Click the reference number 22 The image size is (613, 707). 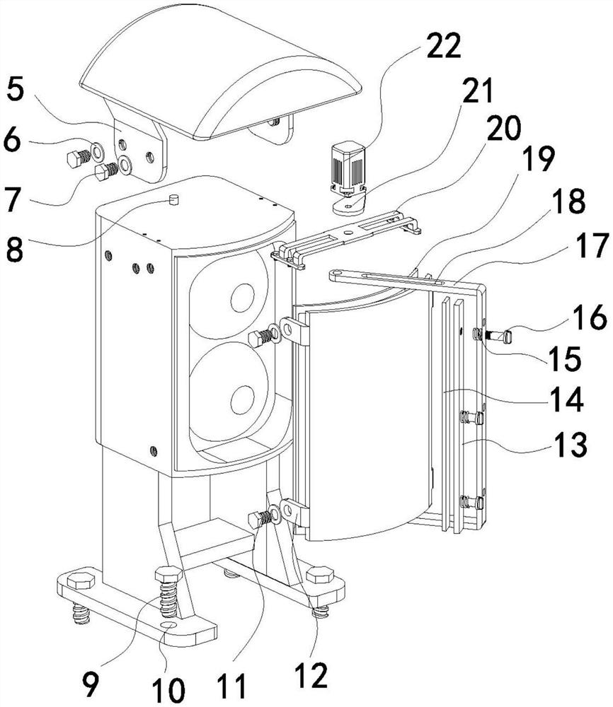point(443,45)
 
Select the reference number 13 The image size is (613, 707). point(571,445)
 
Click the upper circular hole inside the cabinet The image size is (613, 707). point(243,298)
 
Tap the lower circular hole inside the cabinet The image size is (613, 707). point(243,399)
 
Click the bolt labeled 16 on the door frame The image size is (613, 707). point(495,335)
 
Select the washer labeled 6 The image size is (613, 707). point(97,152)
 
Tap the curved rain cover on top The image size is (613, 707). point(221,72)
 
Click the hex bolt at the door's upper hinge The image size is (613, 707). point(263,337)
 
